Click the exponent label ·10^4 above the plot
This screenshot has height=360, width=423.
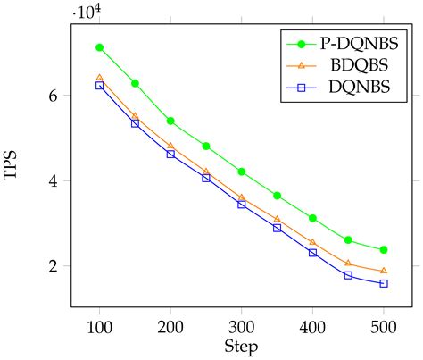[x=86, y=12]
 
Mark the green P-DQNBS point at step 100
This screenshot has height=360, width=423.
[x=99, y=47]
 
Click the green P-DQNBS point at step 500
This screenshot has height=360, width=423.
[x=384, y=250]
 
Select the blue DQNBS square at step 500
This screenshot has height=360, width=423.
[x=384, y=283]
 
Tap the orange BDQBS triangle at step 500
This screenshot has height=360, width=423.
[x=384, y=271]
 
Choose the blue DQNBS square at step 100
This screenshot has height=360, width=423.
[x=99, y=85]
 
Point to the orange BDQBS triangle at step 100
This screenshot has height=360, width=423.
[x=99, y=78]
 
